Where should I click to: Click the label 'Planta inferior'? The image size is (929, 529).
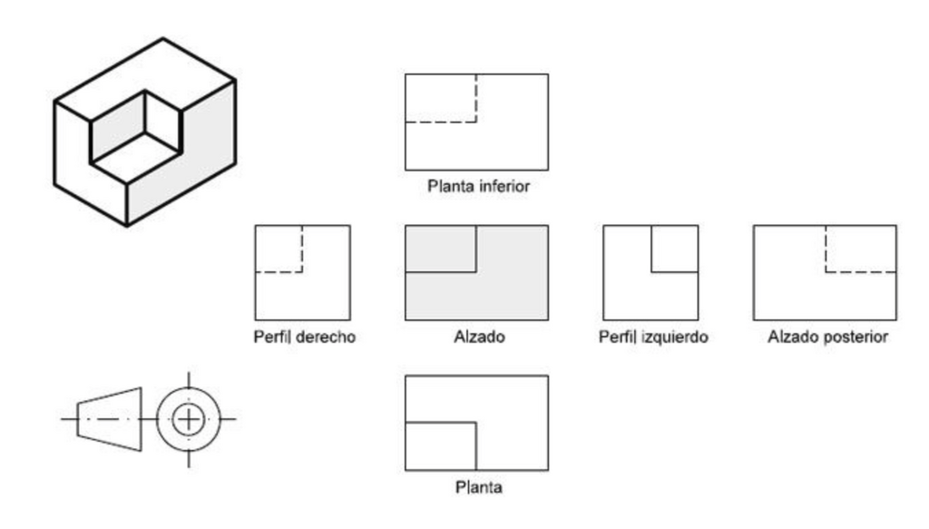point(479,186)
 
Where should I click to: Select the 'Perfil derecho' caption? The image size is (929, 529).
point(305,337)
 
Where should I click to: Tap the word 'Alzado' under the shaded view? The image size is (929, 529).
point(479,337)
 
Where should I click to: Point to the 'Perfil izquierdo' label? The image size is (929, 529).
point(653,337)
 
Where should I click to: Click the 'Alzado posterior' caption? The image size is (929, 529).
point(827,337)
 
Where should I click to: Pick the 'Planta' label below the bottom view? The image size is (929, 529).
point(479,487)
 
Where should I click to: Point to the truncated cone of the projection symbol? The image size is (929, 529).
point(110,419)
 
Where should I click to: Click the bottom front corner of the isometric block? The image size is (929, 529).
point(127,225)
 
